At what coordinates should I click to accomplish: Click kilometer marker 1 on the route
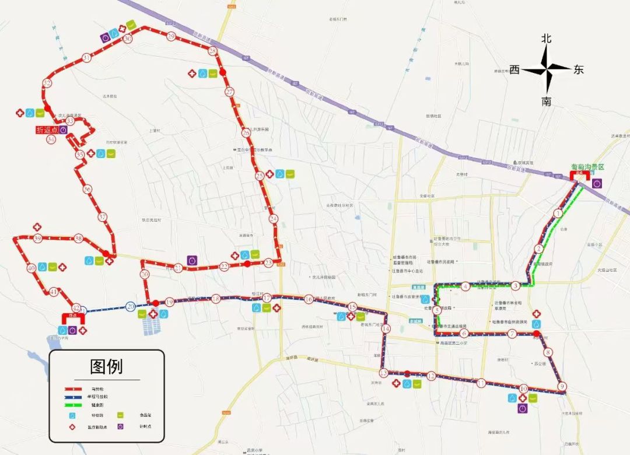coord(558,213)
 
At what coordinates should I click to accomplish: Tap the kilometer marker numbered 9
coord(562,386)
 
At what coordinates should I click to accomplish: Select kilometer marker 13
coord(383,373)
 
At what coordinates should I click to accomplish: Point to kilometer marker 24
coord(274,219)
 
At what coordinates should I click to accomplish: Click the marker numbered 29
coord(171,36)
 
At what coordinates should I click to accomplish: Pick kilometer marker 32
coord(47,83)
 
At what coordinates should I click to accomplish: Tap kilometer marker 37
coord(103,217)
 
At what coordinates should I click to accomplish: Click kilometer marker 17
coord(267,298)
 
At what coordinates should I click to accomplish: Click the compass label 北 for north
coord(546,38)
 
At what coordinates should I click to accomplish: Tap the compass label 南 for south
coord(546,101)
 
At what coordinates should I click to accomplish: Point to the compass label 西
coord(514,70)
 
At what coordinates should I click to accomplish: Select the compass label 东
coord(578,70)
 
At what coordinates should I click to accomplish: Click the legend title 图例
coord(106,366)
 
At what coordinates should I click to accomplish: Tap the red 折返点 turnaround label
coord(47,129)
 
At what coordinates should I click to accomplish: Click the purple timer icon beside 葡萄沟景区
coord(597,183)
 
